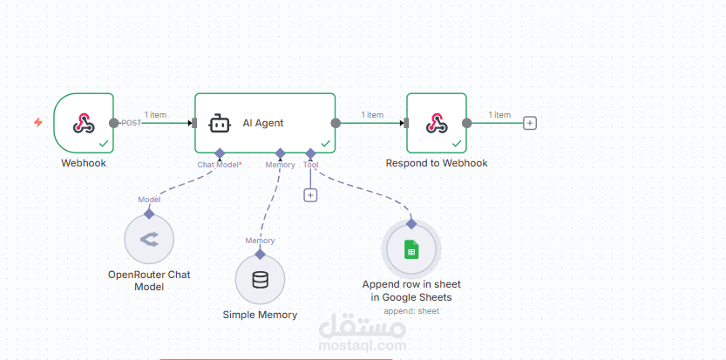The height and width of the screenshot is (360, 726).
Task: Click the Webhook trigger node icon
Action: [84, 123]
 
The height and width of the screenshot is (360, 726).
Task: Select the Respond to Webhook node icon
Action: [436, 123]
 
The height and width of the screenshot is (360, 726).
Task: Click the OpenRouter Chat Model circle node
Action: [149, 239]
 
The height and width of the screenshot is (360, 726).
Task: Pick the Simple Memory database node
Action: [260, 280]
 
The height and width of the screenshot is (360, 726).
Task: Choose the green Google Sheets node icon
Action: [411, 251]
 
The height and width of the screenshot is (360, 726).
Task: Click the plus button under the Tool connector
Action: [310, 195]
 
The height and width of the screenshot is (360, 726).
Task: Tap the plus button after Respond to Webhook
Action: [529, 123]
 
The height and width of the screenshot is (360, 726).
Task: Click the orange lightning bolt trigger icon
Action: [37, 123]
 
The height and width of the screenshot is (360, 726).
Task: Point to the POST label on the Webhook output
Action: [131, 123]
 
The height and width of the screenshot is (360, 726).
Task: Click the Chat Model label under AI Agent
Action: [219, 164]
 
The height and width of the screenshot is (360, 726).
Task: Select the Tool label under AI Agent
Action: [311, 164]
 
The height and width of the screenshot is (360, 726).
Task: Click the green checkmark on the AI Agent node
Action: [325, 143]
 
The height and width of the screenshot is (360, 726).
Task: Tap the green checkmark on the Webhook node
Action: [104, 143]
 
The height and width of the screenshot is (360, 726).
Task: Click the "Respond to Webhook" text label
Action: [437, 163]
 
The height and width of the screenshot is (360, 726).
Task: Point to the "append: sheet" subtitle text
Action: [411, 310]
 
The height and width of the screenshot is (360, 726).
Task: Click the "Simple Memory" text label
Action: [260, 315]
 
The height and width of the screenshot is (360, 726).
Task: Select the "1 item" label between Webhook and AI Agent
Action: [155, 115]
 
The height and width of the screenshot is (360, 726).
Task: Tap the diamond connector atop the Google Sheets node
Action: [411, 224]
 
